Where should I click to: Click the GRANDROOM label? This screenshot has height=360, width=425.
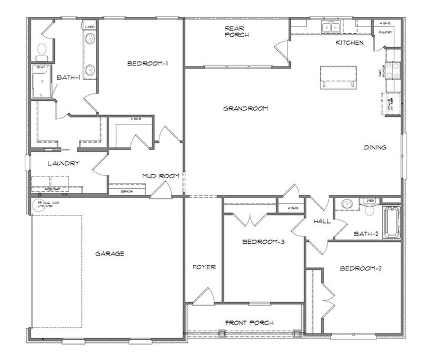tap(246, 109)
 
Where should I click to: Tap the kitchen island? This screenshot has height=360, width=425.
tap(338, 77)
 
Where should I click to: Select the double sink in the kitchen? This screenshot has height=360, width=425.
tap(330, 27)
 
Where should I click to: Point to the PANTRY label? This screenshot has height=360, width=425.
tap(385, 32)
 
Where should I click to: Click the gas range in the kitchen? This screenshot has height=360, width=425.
tap(393, 72)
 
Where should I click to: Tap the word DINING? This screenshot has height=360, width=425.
tap(375, 148)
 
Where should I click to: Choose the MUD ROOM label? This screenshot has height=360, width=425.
tap(156, 176)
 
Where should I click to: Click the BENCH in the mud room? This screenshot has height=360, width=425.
tap(126, 191)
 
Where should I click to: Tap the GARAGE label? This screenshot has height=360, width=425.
tap(110, 254)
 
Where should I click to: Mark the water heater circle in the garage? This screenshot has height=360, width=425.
tap(35, 204)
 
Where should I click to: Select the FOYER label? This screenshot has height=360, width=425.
tap(204, 267)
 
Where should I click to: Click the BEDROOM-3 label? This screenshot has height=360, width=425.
tap(264, 241)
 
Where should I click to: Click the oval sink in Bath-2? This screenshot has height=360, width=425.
tap(347, 204)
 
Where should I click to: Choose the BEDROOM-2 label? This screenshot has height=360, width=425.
tap(361, 269)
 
